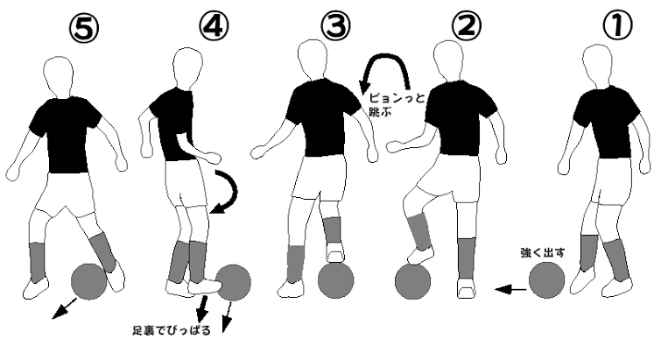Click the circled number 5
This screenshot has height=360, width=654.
click(84, 28)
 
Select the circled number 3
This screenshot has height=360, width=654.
click(336, 25)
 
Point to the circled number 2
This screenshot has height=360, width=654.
click(467, 25)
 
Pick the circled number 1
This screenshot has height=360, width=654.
click(618, 25)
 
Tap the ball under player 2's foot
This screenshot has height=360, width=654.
click(412, 281)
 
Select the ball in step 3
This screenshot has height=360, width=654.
click(336, 280)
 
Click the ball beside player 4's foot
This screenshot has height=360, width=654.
click(234, 282)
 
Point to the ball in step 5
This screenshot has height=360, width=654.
click(88, 281)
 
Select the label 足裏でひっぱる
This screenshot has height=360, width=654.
click(172, 330)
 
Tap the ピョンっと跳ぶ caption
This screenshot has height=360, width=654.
click(397, 104)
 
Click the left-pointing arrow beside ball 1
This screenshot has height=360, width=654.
click(510, 289)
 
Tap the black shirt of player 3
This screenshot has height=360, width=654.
click(323, 116)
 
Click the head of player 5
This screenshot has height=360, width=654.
click(59, 78)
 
